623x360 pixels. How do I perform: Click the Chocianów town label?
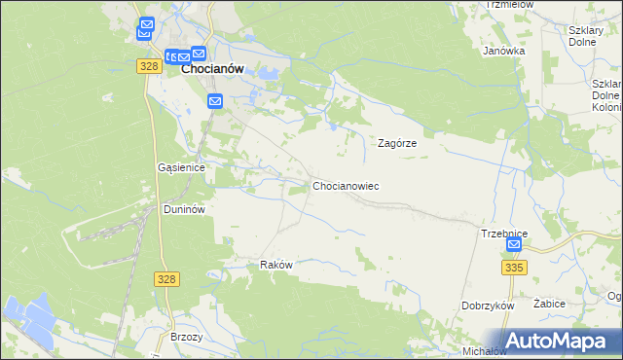pos(212,69)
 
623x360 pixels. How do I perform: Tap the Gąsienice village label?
pos(181,167)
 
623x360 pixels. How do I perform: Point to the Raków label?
pos(276,265)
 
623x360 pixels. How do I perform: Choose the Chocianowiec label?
pos(346,185)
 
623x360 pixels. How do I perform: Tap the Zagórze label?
pos(397,142)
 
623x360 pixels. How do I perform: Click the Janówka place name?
pos(504,51)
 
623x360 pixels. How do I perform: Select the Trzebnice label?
pos(504,234)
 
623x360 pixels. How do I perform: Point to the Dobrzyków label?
pos(488,305)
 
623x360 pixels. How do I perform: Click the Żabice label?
pos(550,304)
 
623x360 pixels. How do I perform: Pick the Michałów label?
pos(484,350)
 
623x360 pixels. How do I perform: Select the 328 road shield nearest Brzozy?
pos(165,279)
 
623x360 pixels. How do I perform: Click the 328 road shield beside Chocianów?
pos(148,65)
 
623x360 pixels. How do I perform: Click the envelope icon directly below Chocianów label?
pos(215,100)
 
